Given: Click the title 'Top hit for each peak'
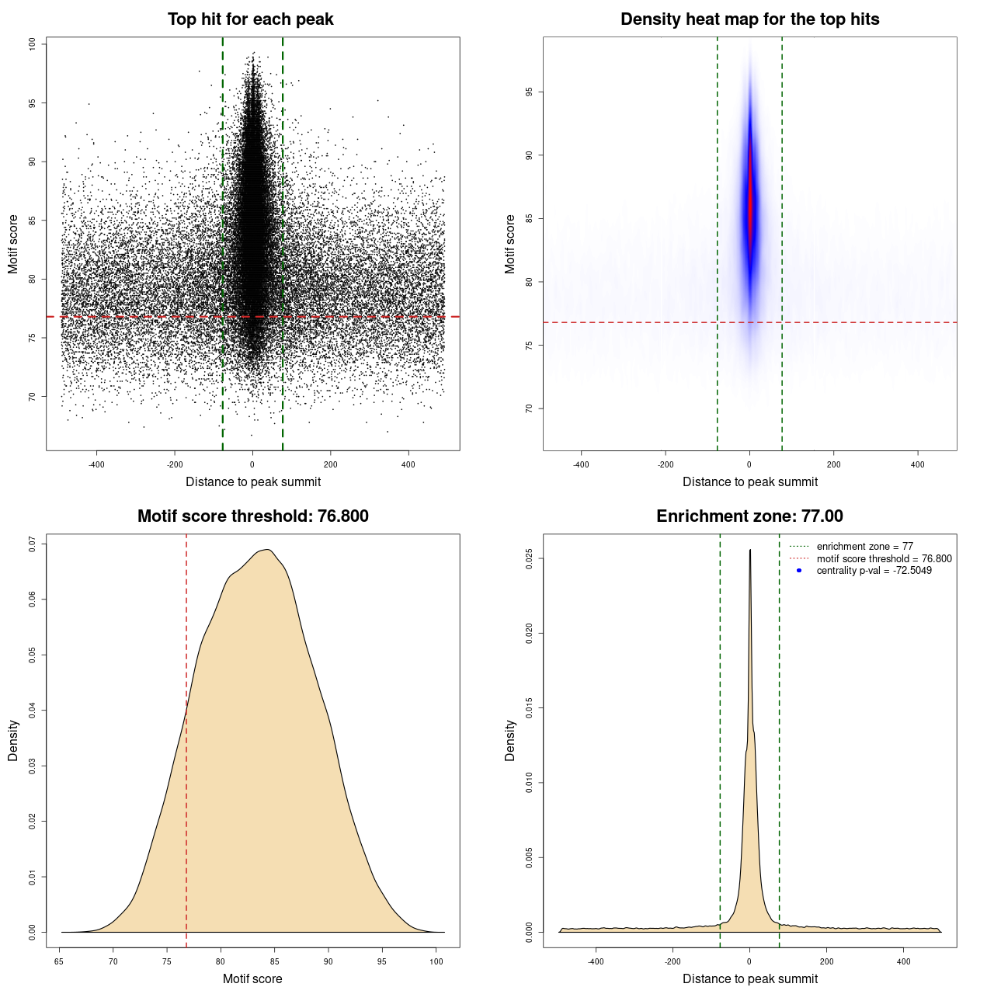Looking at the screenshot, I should pos(251,19).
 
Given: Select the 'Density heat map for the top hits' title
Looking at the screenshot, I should pos(749,19).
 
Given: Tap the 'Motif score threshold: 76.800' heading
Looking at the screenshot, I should pos(252,516).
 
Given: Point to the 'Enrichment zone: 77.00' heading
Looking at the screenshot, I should pos(749,516).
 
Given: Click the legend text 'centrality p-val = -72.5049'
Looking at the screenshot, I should pos(874,571).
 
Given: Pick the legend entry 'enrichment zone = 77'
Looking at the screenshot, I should pos(864,547).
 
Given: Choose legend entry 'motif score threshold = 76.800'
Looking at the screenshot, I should pos(884,559).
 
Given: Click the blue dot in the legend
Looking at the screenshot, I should pos(799,571).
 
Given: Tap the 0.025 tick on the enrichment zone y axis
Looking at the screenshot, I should pos(530,558).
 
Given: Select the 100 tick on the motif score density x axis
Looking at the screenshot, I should pos(436,961).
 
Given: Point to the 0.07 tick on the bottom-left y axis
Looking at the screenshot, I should pos(33,544).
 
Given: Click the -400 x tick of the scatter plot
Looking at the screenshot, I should pos(96,464).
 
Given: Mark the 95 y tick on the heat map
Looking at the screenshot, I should pos(530,92).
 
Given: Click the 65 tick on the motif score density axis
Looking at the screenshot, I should pos(60,961).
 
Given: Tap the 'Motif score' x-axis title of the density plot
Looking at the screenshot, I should pos(252,978).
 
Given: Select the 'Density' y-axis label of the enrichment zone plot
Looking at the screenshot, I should pos(510,740).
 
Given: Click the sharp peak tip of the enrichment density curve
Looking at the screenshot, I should pos(749,551).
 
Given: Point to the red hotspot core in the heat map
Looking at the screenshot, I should pos(750,206).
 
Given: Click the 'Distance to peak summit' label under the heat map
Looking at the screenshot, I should pos(749,481).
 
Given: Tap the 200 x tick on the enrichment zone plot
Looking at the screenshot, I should pos(826,961).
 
